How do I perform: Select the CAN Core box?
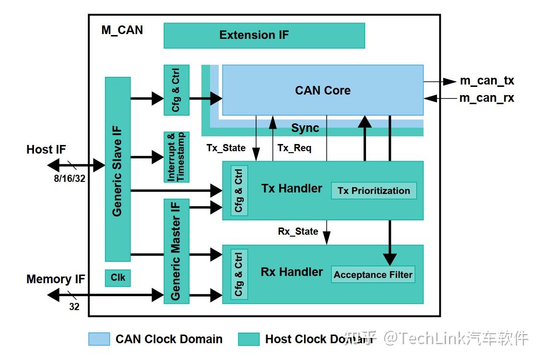click(x=322, y=90)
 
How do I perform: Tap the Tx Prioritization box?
click(x=374, y=191)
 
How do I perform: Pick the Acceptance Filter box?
click(x=373, y=275)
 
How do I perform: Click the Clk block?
click(x=118, y=278)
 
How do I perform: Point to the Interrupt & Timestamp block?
click(x=176, y=157)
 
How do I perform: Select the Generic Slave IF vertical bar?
click(x=118, y=169)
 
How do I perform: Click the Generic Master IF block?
click(x=176, y=251)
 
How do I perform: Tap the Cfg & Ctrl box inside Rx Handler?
click(x=239, y=274)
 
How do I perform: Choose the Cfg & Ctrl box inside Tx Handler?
click(x=239, y=191)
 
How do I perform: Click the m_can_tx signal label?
click(x=487, y=81)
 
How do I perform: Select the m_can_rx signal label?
click(x=487, y=98)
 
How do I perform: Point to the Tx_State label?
click(x=226, y=148)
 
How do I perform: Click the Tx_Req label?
click(x=295, y=148)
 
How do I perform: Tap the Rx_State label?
click(x=298, y=231)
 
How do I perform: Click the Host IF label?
click(x=46, y=150)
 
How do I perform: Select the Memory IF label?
click(x=56, y=279)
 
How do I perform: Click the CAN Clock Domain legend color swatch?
click(x=99, y=339)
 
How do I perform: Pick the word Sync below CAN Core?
click(x=305, y=128)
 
